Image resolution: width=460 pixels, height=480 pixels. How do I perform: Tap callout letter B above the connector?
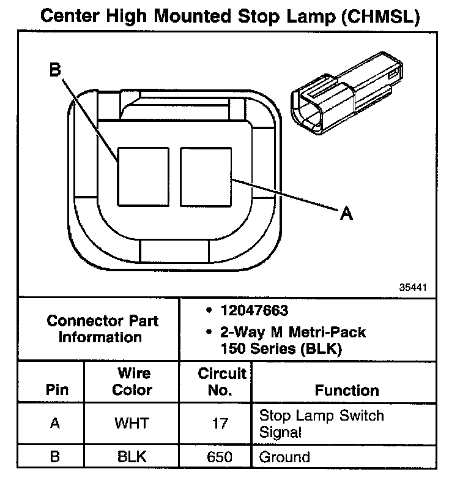55,72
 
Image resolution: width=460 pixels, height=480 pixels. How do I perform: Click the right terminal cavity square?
205,176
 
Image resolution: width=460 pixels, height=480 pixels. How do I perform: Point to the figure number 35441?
413,287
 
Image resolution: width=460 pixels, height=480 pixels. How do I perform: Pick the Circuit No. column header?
221,381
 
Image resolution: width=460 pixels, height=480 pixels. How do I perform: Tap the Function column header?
346,390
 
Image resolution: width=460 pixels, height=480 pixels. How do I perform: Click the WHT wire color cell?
132,423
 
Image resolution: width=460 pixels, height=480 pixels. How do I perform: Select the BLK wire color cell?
132,457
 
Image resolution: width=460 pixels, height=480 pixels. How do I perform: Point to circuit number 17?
221,423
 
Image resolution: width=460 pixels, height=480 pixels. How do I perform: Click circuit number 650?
221,457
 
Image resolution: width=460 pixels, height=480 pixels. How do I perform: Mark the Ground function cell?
284,457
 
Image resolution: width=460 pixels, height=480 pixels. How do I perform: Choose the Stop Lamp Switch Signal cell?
322,423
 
